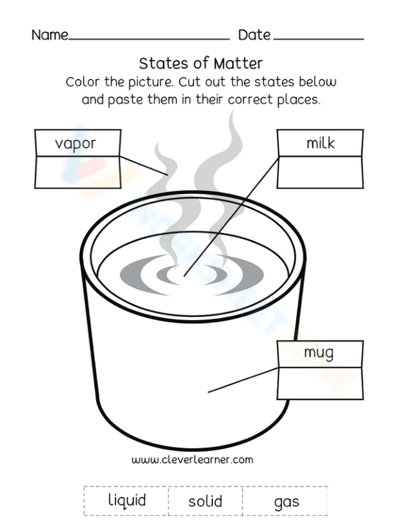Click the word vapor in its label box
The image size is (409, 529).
[x=75, y=144]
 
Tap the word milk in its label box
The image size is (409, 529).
[x=320, y=143]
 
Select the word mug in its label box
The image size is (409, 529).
[x=319, y=353]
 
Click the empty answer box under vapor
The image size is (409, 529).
[x=78, y=172]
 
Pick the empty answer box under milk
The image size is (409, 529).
[x=320, y=172]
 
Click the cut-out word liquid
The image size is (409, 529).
[x=127, y=500]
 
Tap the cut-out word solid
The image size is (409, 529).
[x=205, y=501]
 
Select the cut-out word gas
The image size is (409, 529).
[x=286, y=502]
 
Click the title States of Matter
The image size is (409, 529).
[x=201, y=63]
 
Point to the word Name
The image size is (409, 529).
[x=50, y=35]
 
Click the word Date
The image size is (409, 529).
[x=254, y=35]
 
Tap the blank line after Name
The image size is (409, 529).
[x=149, y=38]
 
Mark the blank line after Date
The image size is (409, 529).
[x=318, y=38]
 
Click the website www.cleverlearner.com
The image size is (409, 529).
[x=192, y=459]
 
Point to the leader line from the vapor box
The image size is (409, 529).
[x=144, y=165]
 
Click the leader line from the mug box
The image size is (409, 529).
[x=243, y=380]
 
